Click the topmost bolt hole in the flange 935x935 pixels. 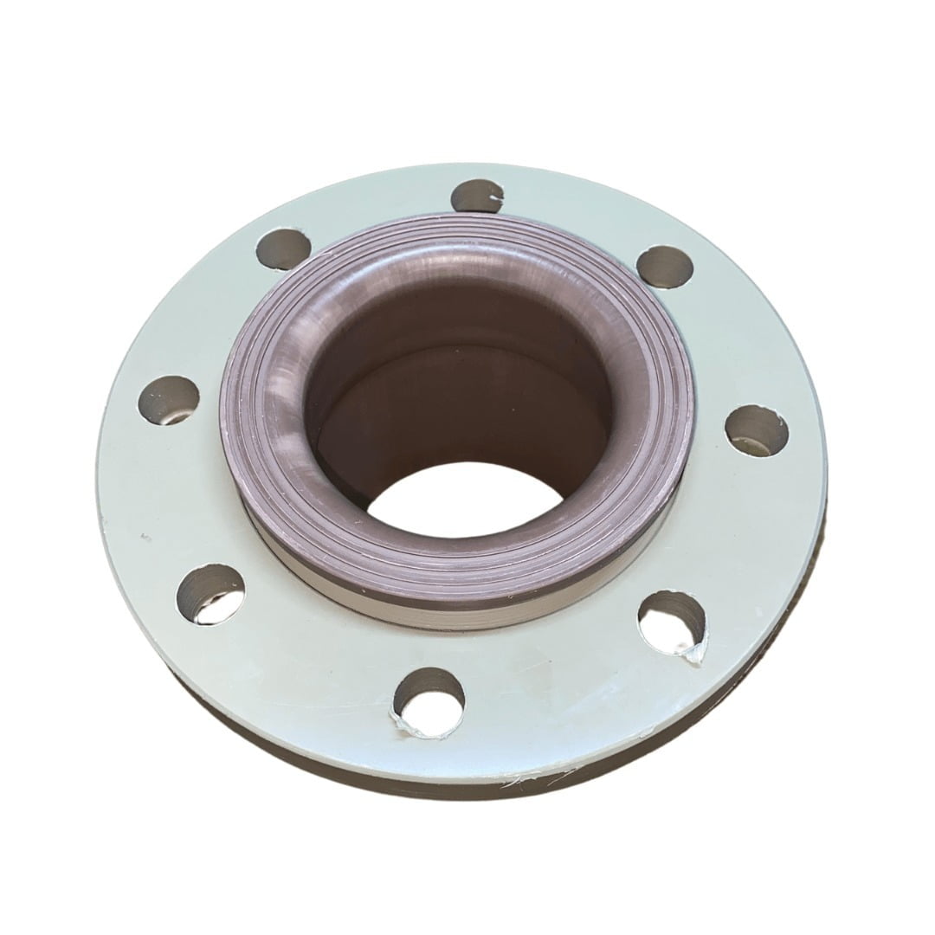(477, 196)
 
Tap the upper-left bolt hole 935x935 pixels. (284, 248)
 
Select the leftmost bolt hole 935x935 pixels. (169, 400)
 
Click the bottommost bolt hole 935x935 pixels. (429, 700)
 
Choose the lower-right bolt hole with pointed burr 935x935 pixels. (672, 622)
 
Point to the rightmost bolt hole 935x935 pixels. (756, 429)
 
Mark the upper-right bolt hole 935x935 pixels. (665, 266)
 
